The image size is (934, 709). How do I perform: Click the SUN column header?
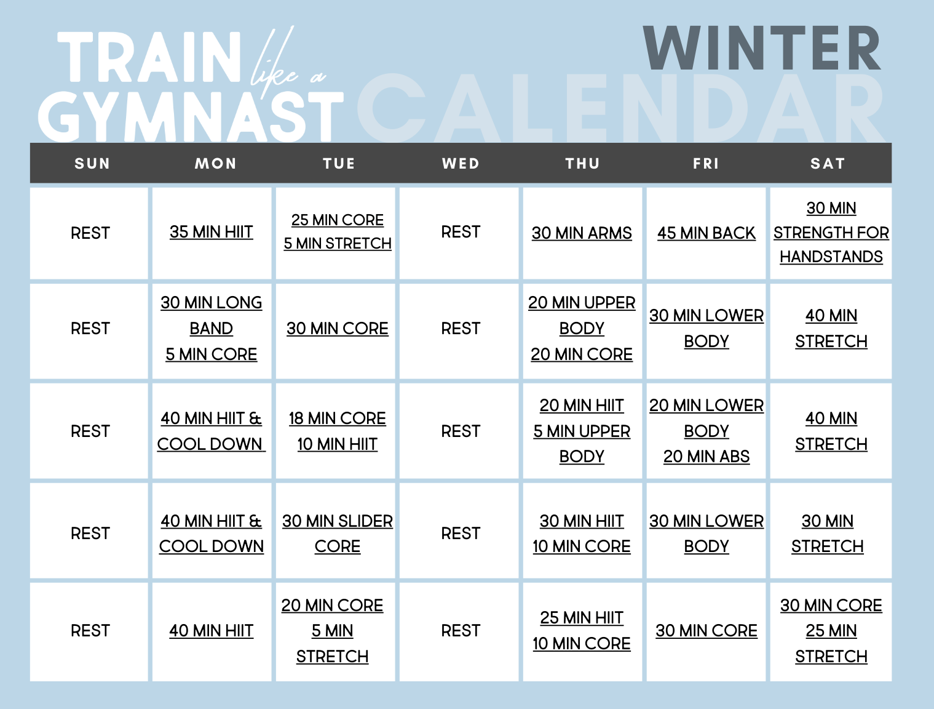92,164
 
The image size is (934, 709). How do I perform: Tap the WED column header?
461,164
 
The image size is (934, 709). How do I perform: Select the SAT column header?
828,164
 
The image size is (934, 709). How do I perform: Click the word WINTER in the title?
762,49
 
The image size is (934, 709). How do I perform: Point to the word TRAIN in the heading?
149,58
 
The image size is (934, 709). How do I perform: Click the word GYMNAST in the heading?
191,117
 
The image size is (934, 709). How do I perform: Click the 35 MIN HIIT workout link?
212,232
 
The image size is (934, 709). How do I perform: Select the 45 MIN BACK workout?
706,233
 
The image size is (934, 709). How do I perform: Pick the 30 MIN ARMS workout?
582,233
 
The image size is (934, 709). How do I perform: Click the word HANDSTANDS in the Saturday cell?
831,257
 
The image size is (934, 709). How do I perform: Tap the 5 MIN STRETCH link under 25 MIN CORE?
338,244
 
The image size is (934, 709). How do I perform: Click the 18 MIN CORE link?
338,419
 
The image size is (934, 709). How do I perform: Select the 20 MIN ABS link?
706,457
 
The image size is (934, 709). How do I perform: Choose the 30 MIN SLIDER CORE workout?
338,534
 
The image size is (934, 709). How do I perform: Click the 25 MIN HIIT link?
582,618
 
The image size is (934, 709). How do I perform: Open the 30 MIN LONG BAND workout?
212,315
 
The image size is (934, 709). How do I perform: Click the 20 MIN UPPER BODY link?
582,315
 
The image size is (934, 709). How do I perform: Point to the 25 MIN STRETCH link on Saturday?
831,644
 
